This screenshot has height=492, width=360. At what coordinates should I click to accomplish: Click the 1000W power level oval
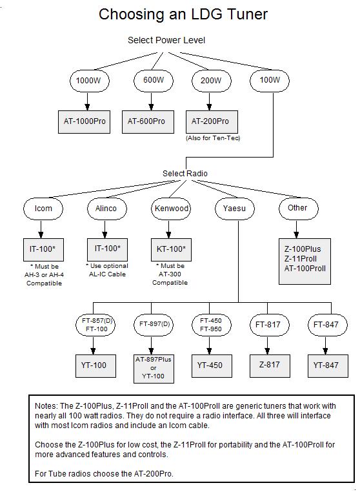click(x=90, y=81)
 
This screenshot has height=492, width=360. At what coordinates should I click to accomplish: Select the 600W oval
click(x=154, y=80)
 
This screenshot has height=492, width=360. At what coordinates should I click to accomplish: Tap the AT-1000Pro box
click(x=84, y=122)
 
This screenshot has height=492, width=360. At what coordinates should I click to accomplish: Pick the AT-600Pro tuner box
click(x=148, y=122)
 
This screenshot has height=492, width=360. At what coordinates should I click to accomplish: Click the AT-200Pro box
click(x=212, y=122)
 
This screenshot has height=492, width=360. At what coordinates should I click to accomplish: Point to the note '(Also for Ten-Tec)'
click(x=213, y=138)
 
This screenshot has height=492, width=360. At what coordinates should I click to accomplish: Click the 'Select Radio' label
click(x=185, y=174)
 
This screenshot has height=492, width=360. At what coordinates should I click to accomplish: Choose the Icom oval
click(x=43, y=209)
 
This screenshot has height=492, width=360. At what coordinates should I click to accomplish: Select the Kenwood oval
click(x=171, y=209)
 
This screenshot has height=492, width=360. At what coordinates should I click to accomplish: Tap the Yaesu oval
click(x=235, y=209)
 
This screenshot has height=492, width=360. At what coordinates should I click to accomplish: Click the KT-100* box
click(x=171, y=250)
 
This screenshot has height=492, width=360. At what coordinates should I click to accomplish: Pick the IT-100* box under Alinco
click(x=107, y=249)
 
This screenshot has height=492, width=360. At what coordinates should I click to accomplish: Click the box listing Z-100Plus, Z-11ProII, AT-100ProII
click(x=305, y=261)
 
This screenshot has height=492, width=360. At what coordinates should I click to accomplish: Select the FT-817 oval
click(x=270, y=325)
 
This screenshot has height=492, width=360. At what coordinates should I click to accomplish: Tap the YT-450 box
click(x=212, y=366)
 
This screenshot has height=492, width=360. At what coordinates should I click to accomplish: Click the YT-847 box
click(x=328, y=366)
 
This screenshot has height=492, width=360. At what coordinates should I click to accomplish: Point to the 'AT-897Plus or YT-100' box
click(x=154, y=369)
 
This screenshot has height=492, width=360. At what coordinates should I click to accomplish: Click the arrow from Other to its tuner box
click(x=296, y=229)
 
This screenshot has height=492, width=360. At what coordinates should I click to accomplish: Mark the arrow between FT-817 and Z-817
click(x=267, y=345)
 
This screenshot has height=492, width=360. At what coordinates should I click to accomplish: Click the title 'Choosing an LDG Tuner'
click(x=183, y=14)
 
